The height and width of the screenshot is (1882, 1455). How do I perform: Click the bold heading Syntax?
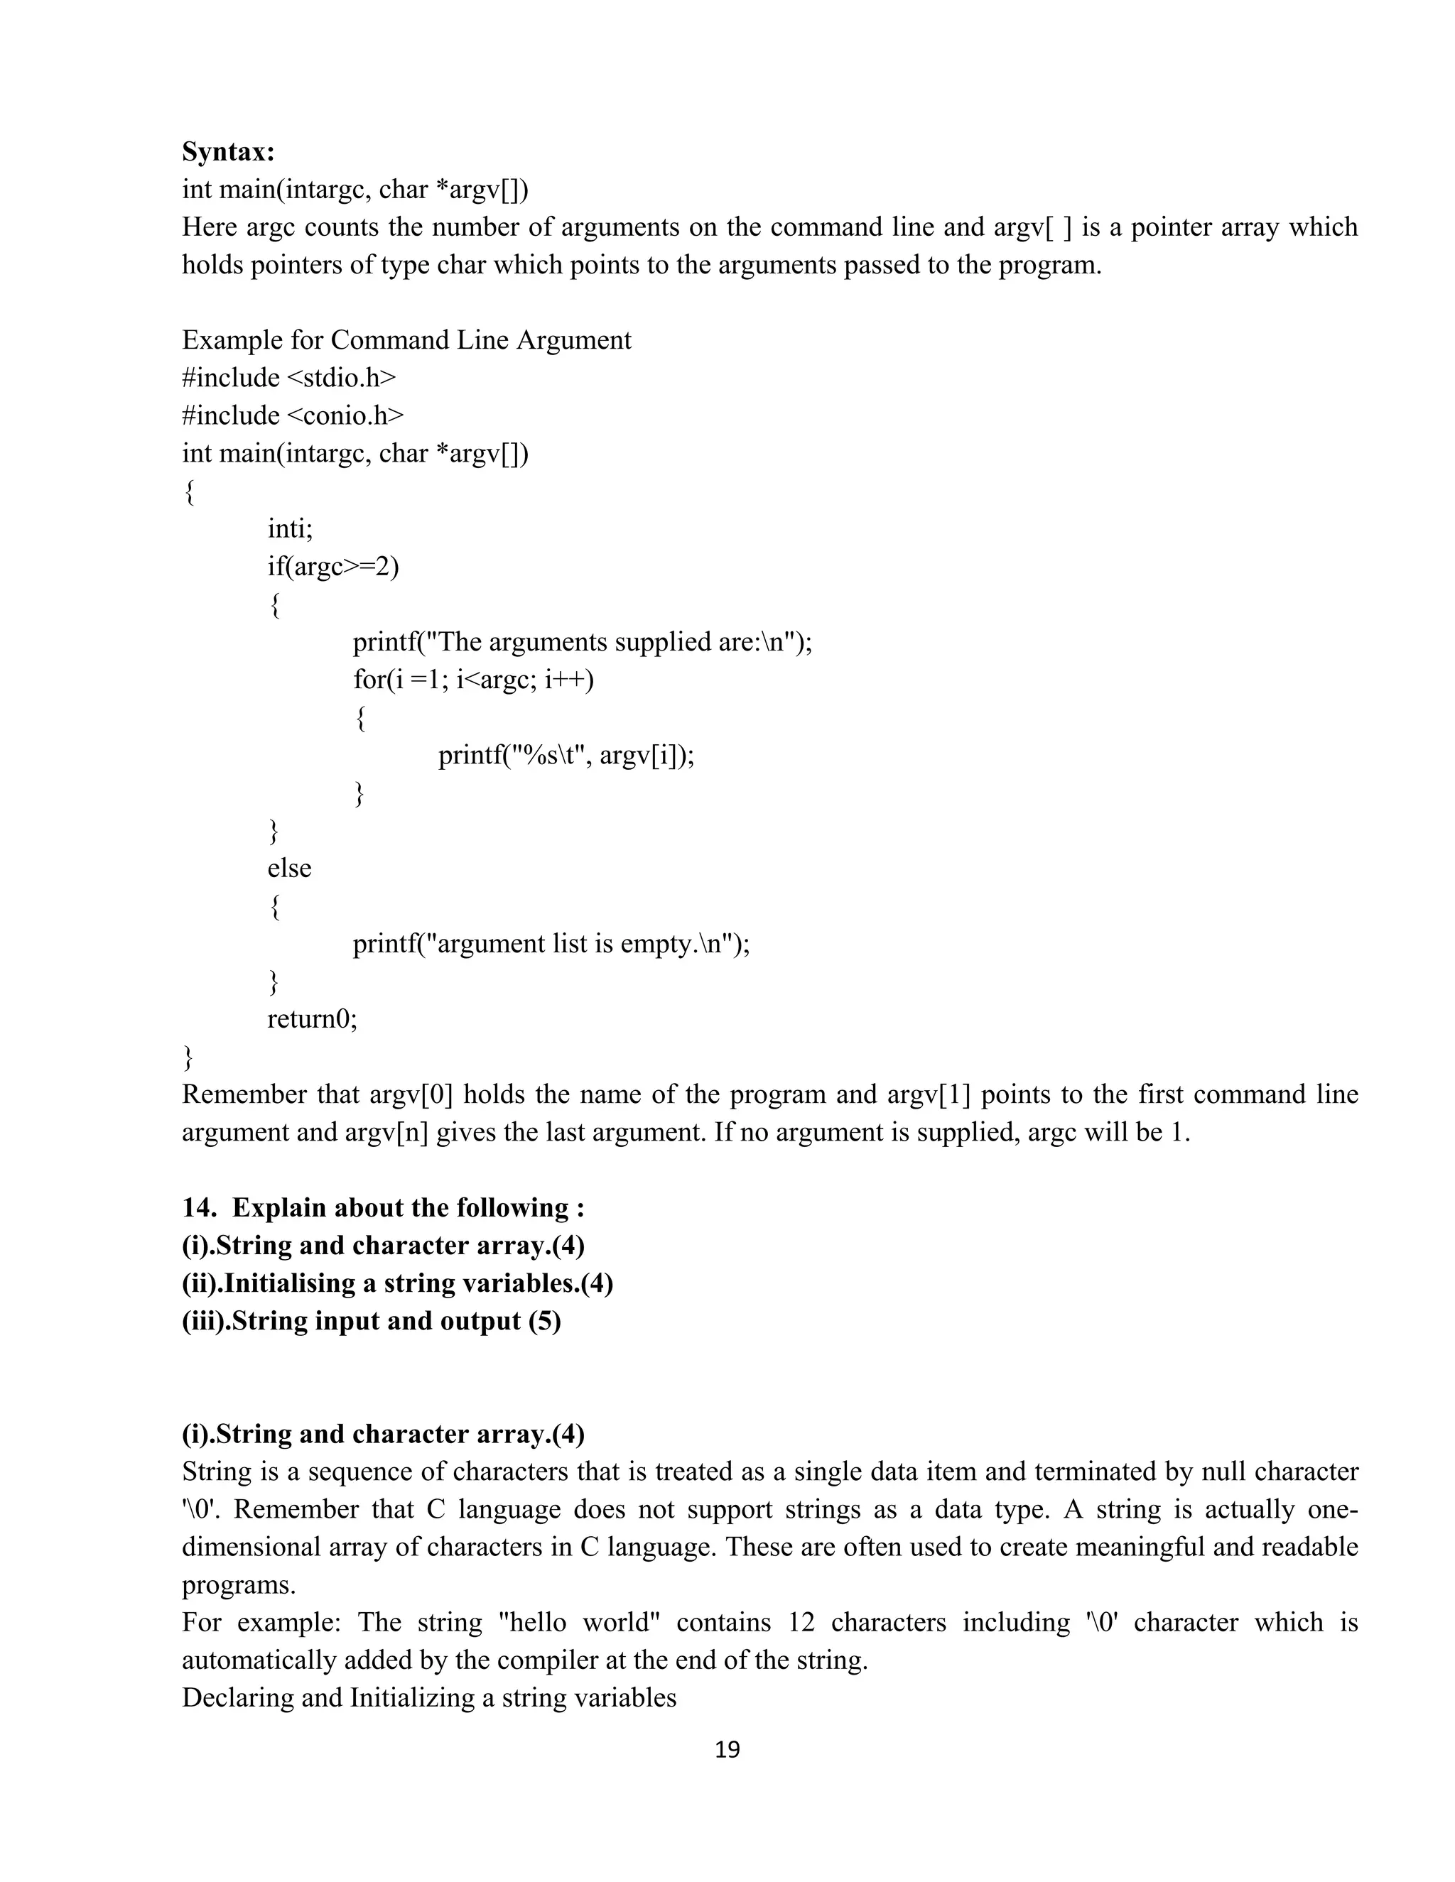coord(229,152)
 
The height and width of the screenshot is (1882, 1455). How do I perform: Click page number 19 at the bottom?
coord(727,1749)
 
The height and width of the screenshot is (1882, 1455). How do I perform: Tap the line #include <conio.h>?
coord(292,415)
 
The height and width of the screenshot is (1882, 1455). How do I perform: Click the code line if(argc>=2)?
coord(332,566)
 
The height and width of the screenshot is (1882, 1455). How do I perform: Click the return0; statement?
coord(312,1018)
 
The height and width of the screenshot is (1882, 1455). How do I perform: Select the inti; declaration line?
coord(290,528)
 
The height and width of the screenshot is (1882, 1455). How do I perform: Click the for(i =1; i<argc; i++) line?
coord(473,679)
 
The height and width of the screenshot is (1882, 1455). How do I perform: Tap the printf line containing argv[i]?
coord(566,755)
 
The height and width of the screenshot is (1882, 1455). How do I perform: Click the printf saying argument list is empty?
coord(551,944)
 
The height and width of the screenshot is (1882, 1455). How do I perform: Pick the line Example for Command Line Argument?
coord(406,339)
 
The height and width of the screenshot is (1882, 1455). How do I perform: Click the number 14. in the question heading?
coord(199,1207)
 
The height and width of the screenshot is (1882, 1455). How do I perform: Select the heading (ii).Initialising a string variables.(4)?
coord(397,1283)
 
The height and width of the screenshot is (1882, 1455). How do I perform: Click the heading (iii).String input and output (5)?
coord(372,1321)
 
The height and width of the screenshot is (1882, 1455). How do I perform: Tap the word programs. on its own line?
coord(239,1584)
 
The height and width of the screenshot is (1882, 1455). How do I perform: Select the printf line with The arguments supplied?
coord(582,642)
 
